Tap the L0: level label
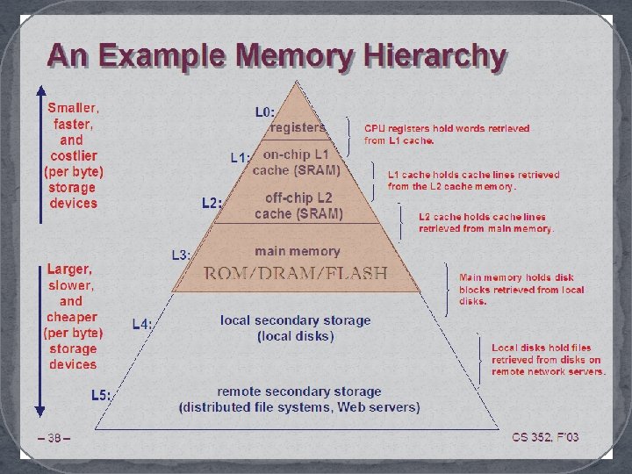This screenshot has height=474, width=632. pos(265,112)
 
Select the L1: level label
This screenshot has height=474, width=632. pos(241,158)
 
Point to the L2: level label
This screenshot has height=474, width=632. pos(212,204)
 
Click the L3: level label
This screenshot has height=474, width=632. pos(181,255)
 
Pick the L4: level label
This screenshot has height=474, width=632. pos(142,324)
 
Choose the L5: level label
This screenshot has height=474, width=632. pos(102,395)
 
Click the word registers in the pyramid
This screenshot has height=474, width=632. pos(298,127)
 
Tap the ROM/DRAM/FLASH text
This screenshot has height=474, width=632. pos(296,273)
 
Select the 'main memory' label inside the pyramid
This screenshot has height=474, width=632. pos(297,251)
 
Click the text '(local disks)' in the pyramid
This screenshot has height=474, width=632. pos(296,336)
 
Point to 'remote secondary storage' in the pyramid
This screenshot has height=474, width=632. pos(299,391)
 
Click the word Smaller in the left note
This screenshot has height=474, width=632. pos(73,109)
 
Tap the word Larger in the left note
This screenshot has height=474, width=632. pos(69,269)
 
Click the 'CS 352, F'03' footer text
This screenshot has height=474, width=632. pos(545,437)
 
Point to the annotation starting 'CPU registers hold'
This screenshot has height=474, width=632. pos(447,133)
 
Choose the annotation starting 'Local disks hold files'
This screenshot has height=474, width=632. pos(548,359)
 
